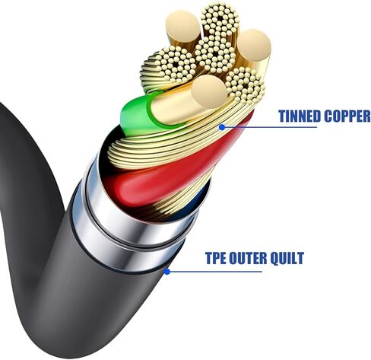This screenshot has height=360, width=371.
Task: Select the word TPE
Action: [215, 258]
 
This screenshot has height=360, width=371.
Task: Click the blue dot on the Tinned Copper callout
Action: [222, 127]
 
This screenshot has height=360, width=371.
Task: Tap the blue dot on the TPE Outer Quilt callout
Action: [166, 272]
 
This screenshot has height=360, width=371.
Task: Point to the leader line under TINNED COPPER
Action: [269, 127]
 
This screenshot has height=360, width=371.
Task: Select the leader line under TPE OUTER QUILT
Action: [214, 272]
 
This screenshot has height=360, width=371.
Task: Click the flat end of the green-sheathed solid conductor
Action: [209, 91]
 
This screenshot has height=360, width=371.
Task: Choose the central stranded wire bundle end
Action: [215, 54]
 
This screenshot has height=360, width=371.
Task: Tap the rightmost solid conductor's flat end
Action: [254, 45]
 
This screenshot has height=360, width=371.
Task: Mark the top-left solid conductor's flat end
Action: [182, 26]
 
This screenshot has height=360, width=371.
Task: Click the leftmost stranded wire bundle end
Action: [176, 65]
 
